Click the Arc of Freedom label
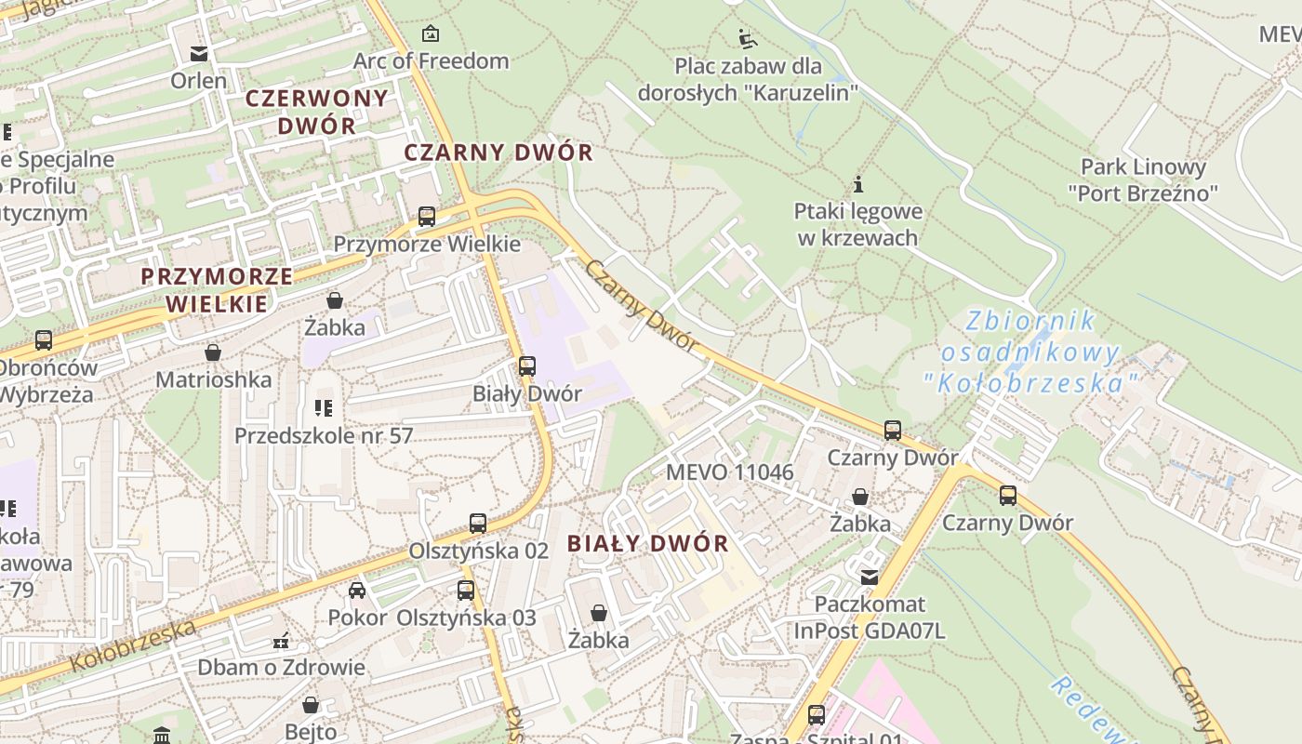(x=431, y=61)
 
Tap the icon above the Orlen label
(x=198, y=53)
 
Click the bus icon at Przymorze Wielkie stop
(x=427, y=217)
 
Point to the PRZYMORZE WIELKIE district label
(x=217, y=289)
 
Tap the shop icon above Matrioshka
(x=213, y=352)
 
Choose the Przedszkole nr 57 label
(x=324, y=435)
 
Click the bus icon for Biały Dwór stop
(x=527, y=366)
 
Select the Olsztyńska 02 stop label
(x=479, y=551)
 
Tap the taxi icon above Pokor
(x=357, y=591)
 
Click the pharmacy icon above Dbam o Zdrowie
(x=281, y=641)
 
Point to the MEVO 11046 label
(x=730, y=472)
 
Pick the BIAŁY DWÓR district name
(x=647, y=544)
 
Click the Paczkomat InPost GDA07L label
(x=870, y=618)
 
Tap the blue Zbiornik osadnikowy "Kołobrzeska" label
(x=1030, y=352)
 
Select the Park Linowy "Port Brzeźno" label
(x=1143, y=180)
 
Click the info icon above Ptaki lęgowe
(x=858, y=184)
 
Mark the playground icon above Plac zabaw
(x=748, y=39)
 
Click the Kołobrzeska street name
(x=134, y=645)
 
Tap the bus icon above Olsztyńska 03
(x=466, y=591)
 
